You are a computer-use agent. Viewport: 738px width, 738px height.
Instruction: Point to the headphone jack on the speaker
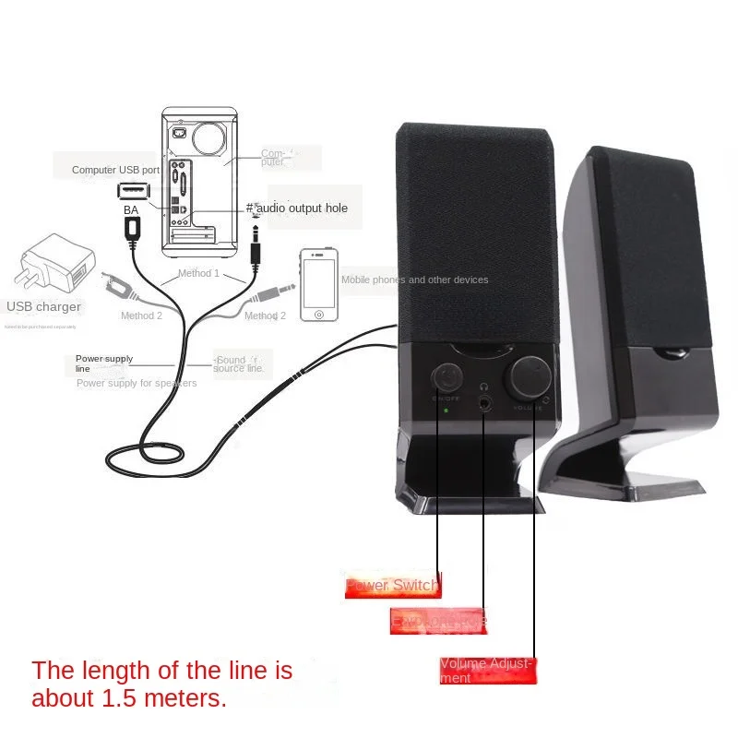tap(484, 403)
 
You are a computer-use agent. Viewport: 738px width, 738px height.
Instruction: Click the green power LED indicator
tap(446, 410)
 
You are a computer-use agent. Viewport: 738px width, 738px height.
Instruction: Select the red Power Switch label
tap(392, 585)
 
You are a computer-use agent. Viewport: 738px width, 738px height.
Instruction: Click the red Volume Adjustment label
tap(487, 671)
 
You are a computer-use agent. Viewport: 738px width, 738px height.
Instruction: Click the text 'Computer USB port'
tap(116, 170)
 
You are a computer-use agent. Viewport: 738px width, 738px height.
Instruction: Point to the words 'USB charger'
tap(44, 306)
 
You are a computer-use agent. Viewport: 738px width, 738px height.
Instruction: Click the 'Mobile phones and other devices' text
tap(414, 280)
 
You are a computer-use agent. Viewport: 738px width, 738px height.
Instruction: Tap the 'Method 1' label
tap(198, 273)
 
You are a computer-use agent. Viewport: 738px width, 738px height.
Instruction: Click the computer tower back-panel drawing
tap(199, 182)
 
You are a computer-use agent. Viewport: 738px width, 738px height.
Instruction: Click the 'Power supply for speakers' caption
tap(136, 383)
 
